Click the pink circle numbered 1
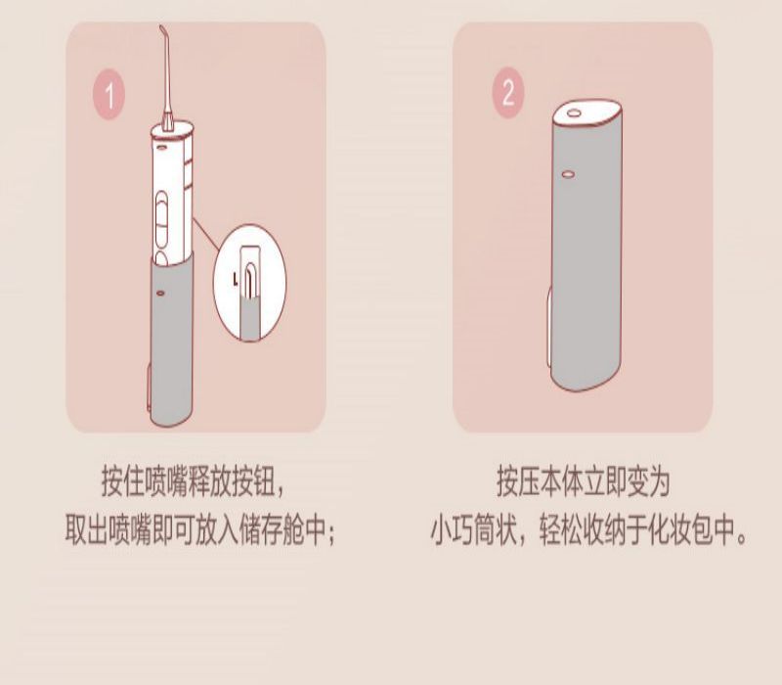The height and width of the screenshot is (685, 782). (x=109, y=95)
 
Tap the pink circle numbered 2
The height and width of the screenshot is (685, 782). (x=508, y=92)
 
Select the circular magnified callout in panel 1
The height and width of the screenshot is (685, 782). (x=249, y=283)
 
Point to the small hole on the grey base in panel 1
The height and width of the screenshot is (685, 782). (x=160, y=293)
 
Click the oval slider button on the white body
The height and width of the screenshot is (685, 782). (x=161, y=219)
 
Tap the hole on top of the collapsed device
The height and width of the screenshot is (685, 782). (x=574, y=113)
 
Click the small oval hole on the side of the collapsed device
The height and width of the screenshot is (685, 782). (x=568, y=174)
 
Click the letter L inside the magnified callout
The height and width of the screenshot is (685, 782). (x=236, y=279)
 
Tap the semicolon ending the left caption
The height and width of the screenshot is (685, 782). (x=331, y=533)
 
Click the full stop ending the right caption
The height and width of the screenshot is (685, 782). (x=742, y=538)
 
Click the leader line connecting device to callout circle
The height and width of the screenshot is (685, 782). (x=206, y=234)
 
